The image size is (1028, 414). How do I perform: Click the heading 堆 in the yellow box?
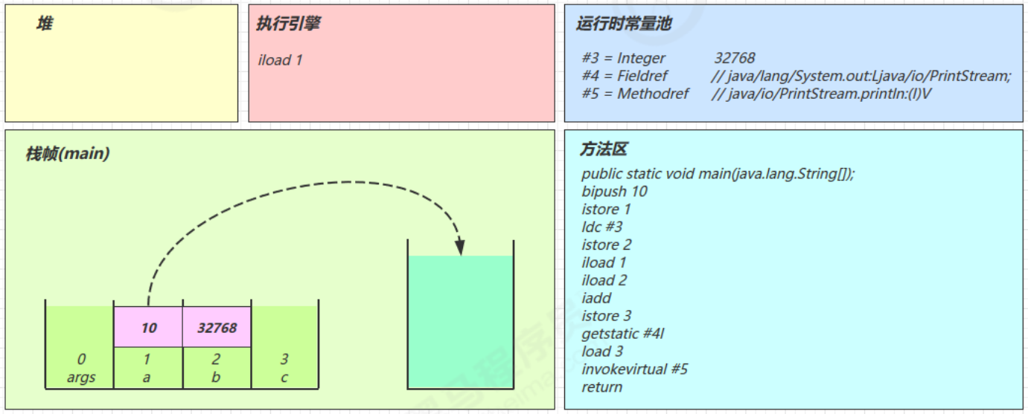click(x=44, y=25)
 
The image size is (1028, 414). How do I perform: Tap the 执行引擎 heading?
click(x=288, y=25)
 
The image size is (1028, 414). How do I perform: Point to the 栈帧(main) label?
click(x=68, y=154)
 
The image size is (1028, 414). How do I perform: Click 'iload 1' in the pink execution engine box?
click(x=281, y=60)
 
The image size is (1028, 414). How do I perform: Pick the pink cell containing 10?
click(x=147, y=327)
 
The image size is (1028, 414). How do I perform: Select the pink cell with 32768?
click(x=217, y=327)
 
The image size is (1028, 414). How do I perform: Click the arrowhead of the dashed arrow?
click(x=461, y=247)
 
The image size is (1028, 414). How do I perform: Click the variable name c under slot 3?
click(x=284, y=377)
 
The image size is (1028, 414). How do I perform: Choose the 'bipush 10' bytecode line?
click(x=615, y=191)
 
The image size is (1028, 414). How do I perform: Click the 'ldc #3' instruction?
click(x=602, y=227)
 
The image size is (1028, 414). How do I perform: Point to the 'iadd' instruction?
click(x=596, y=298)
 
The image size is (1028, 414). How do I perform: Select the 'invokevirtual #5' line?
click(x=635, y=369)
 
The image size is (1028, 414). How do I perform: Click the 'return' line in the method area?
click(x=602, y=387)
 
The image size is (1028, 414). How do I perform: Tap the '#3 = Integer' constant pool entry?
click(x=624, y=58)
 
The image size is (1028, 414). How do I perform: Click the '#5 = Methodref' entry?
click(x=636, y=94)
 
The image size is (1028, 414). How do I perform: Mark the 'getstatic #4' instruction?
click(x=623, y=334)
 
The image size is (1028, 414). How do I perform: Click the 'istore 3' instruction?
click(x=607, y=316)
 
